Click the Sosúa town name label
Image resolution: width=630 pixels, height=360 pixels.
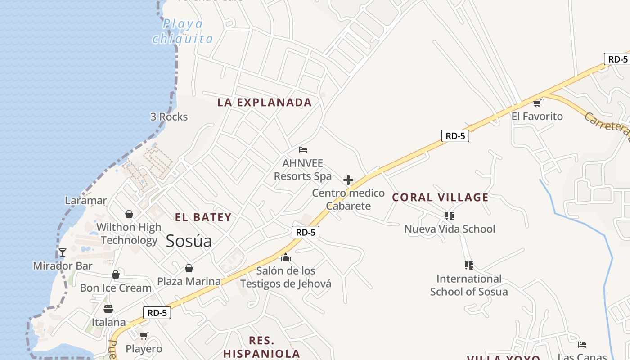[x=189, y=241]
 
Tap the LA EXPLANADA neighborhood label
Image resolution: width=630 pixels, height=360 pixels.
[x=265, y=103]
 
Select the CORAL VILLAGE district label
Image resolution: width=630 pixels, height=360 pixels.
[x=440, y=198]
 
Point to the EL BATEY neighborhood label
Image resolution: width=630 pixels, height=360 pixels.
[x=203, y=217]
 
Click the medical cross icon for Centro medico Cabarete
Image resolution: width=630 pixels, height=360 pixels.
[x=348, y=180]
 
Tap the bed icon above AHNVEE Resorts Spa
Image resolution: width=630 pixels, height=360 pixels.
[x=303, y=149]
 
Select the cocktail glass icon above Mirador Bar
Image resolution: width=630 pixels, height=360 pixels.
[x=63, y=252]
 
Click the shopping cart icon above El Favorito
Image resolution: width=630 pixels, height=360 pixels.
[x=537, y=103]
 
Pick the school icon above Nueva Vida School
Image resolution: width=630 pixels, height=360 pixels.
[x=449, y=216]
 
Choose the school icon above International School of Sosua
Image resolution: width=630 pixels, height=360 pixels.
[x=469, y=265]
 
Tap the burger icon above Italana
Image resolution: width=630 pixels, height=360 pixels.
[x=108, y=309]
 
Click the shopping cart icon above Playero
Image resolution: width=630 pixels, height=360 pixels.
[x=144, y=336]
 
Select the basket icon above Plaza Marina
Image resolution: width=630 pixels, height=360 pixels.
[x=189, y=268]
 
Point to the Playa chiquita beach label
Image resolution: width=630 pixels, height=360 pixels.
[x=183, y=31]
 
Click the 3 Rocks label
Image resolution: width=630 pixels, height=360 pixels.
[x=169, y=117]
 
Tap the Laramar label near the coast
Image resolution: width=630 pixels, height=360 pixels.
[x=86, y=201]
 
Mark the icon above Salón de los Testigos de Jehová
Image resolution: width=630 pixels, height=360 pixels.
[x=286, y=257]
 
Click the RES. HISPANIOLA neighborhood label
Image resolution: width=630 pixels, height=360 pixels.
[x=261, y=346]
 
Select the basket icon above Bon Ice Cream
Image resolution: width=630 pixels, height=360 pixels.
[x=116, y=274]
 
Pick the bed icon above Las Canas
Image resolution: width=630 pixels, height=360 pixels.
[x=582, y=345]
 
